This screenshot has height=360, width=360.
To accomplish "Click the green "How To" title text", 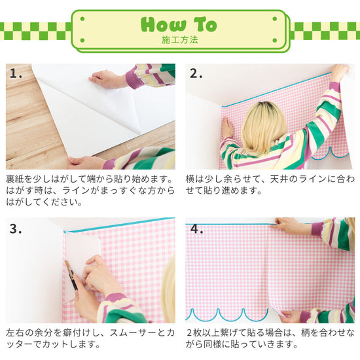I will tap(178, 25).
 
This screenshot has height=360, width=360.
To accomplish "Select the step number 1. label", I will tap(17, 73).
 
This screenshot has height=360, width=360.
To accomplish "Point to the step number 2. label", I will tap(197, 73).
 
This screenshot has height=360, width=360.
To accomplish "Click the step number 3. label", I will tap(17, 229).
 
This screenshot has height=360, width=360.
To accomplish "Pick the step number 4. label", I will tap(197, 229).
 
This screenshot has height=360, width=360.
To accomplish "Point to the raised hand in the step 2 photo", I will tap(339, 71).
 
